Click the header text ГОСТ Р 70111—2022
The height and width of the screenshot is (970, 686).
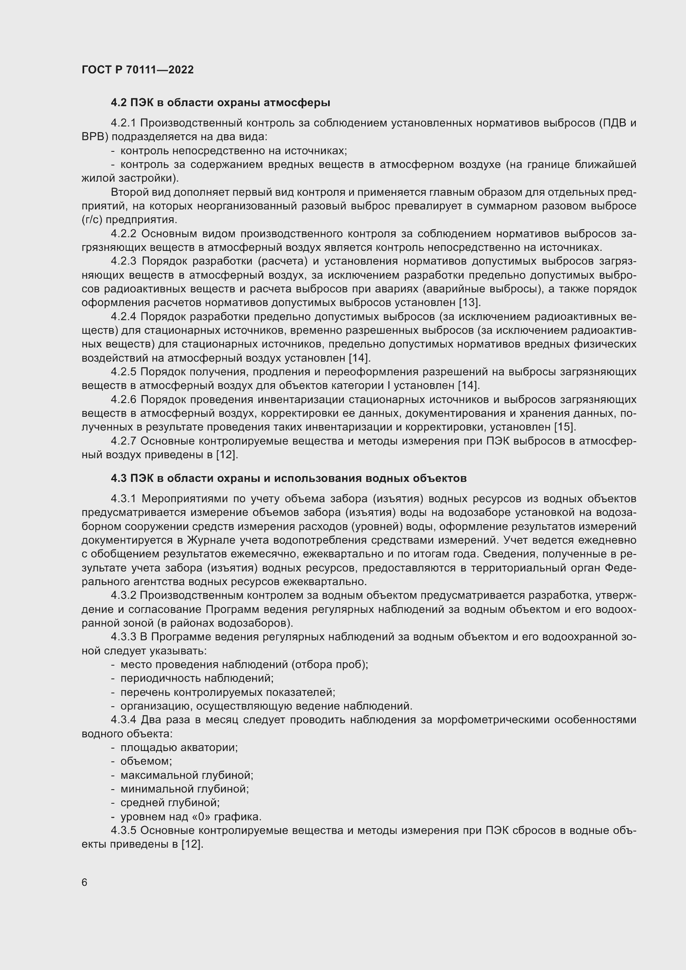point(138,70)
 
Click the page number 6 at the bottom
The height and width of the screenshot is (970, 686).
point(85,882)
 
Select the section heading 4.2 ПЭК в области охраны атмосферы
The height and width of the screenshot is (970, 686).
point(221,103)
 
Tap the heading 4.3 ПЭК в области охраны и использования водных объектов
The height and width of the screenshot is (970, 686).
point(289,478)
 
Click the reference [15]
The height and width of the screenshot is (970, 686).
point(565,427)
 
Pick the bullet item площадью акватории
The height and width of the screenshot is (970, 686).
point(179,747)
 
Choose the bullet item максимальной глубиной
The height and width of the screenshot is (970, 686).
point(187,775)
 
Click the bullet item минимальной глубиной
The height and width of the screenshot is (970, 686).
point(185,789)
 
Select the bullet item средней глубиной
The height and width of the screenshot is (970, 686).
point(170,803)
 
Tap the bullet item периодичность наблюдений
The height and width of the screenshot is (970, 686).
point(197,678)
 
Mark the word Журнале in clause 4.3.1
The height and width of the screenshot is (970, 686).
point(210,540)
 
